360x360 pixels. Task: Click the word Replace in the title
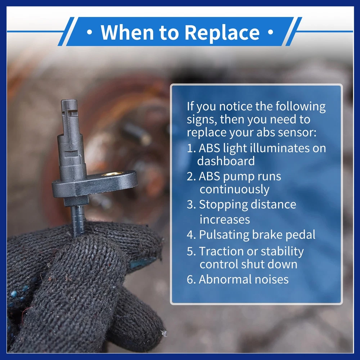[x=222, y=32]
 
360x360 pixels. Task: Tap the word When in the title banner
[x=127, y=32]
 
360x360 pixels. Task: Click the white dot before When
[x=90, y=32]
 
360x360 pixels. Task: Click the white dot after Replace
[x=271, y=32]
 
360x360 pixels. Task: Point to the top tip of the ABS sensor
[x=69, y=100]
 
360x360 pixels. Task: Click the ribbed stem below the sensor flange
[x=78, y=220]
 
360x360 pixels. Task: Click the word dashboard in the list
[x=226, y=161]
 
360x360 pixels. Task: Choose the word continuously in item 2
[x=234, y=190]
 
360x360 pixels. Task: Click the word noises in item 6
[x=271, y=280]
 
